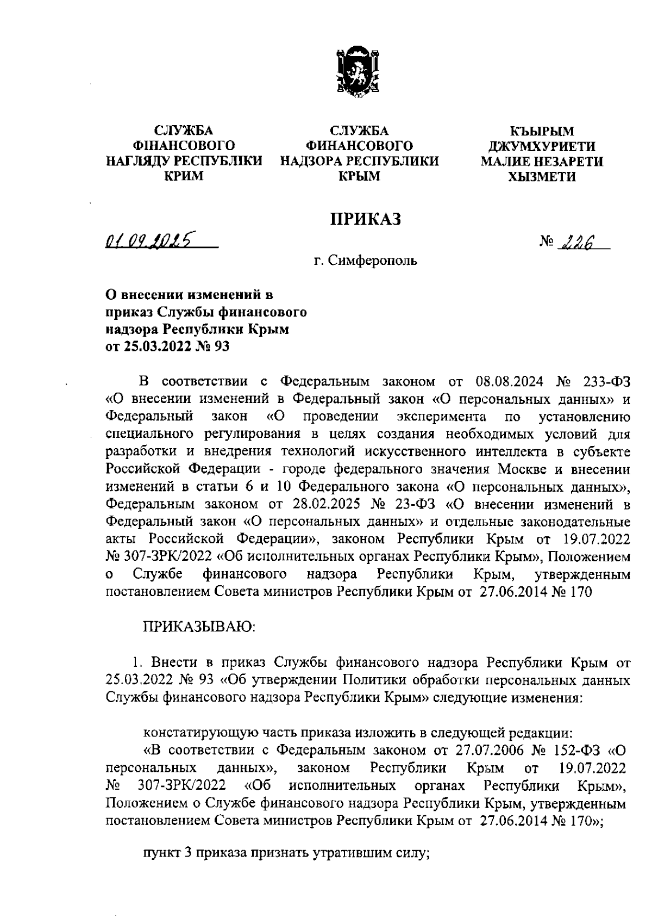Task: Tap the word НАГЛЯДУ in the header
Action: (x=136, y=161)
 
